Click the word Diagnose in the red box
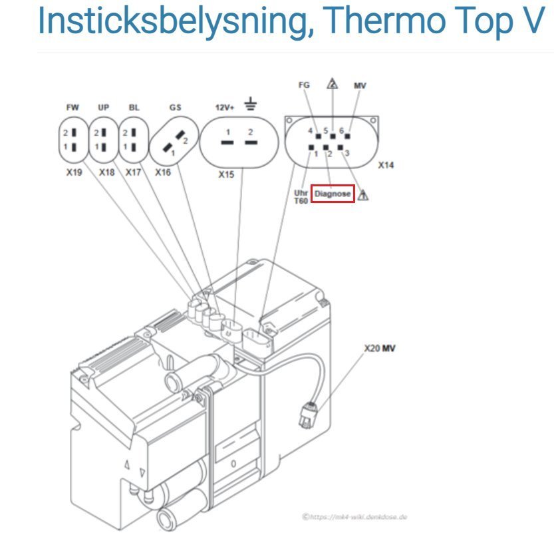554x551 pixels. pyautogui.click(x=333, y=194)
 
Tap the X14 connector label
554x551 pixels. pyautogui.click(x=385, y=164)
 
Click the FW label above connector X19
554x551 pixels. pyautogui.click(x=72, y=106)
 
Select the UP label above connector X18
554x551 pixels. pyautogui.click(x=104, y=106)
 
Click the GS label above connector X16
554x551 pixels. pyautogui.click(x=175, y=106)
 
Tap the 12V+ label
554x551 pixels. pyautogui.click(x=224, y=106)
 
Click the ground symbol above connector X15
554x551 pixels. pyautogui.click(x=250, y=103)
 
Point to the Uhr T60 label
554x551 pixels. pyautogui.click(x=301, y=196)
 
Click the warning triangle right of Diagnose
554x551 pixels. pyautogui.click(x=364, y=195)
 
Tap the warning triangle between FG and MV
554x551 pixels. pyautogui.click(x=332, y=85)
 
